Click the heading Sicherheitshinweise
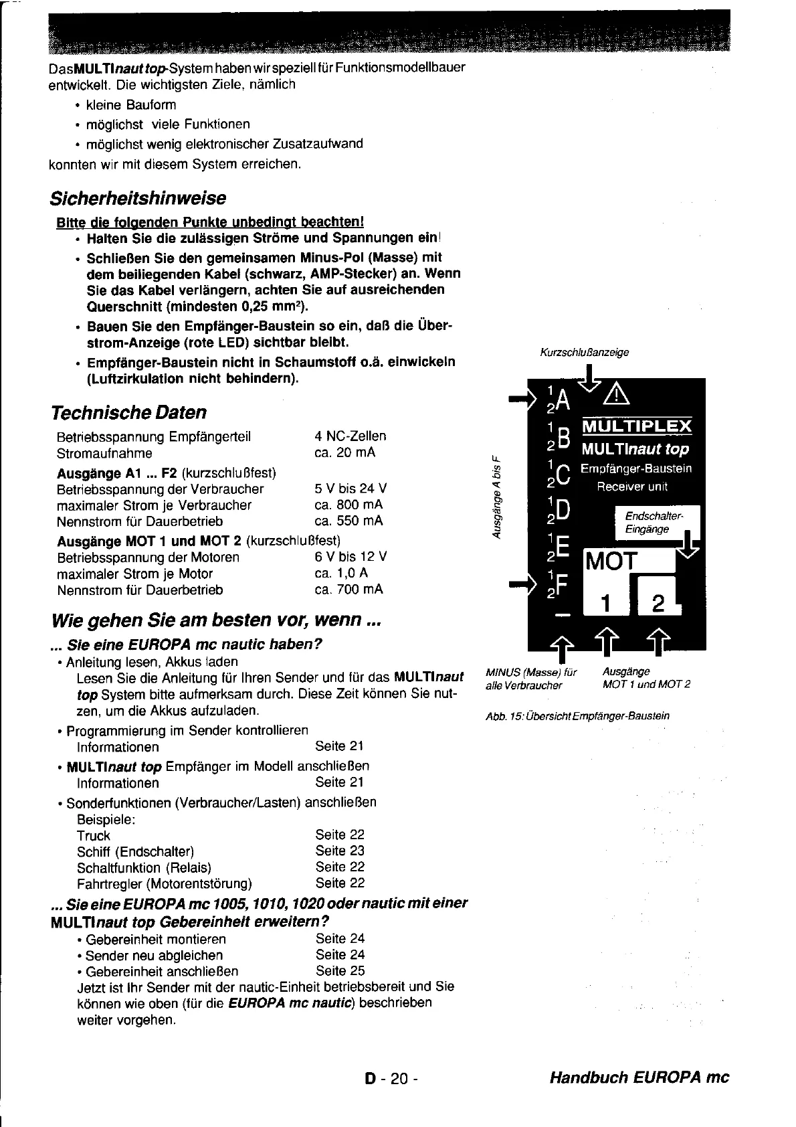click(x=138, y=198)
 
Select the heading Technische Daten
click(x=128, y=412)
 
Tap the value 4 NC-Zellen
click(x=350, y=436)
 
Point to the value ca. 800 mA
click(x=349, y=505)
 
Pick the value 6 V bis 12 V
click(x=351, y=557)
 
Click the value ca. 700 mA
click(x=349, y=590)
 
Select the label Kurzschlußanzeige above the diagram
click(x=584, y=352)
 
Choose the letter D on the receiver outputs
click(x=563, y=511)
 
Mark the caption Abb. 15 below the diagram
click(x=577, y=716)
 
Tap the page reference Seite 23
click(x=340, y=851)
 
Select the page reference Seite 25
click(x=340, y=970)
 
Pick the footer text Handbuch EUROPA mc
click(x=639, y=1077)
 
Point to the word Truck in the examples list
click(x=94, y=835)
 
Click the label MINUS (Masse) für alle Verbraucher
click(x=531, y=678)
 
